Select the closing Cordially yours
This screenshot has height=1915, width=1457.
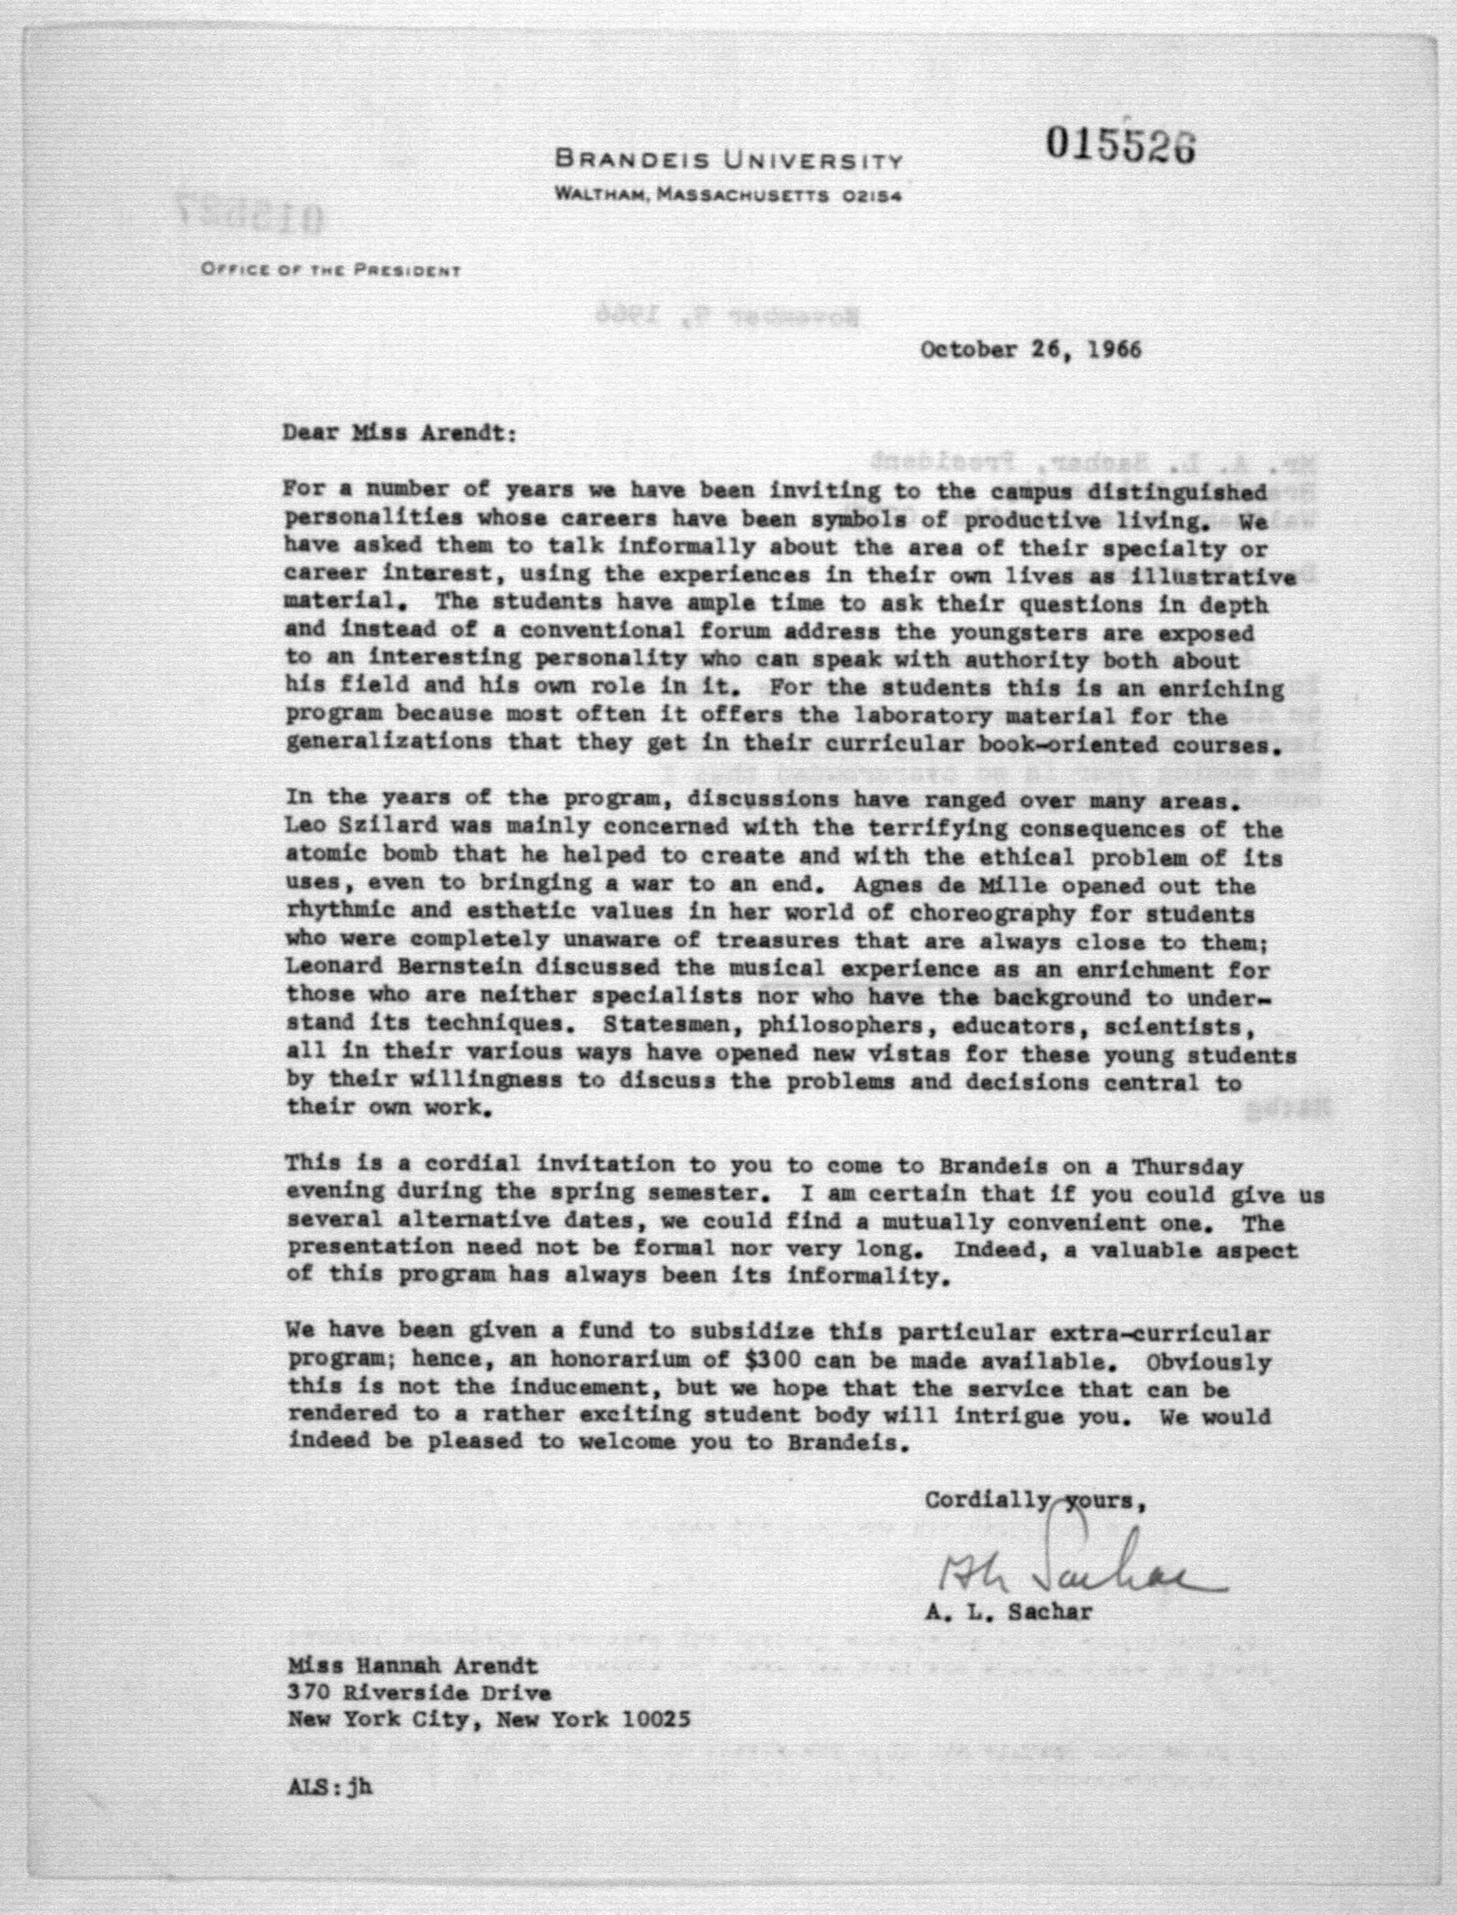pyautogui.click(x=1038, y=1499)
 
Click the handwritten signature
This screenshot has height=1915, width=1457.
pyautogui.click(x=1080, y=1571)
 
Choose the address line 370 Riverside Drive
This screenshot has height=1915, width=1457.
pyautogui.click(x=420, y=1692)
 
